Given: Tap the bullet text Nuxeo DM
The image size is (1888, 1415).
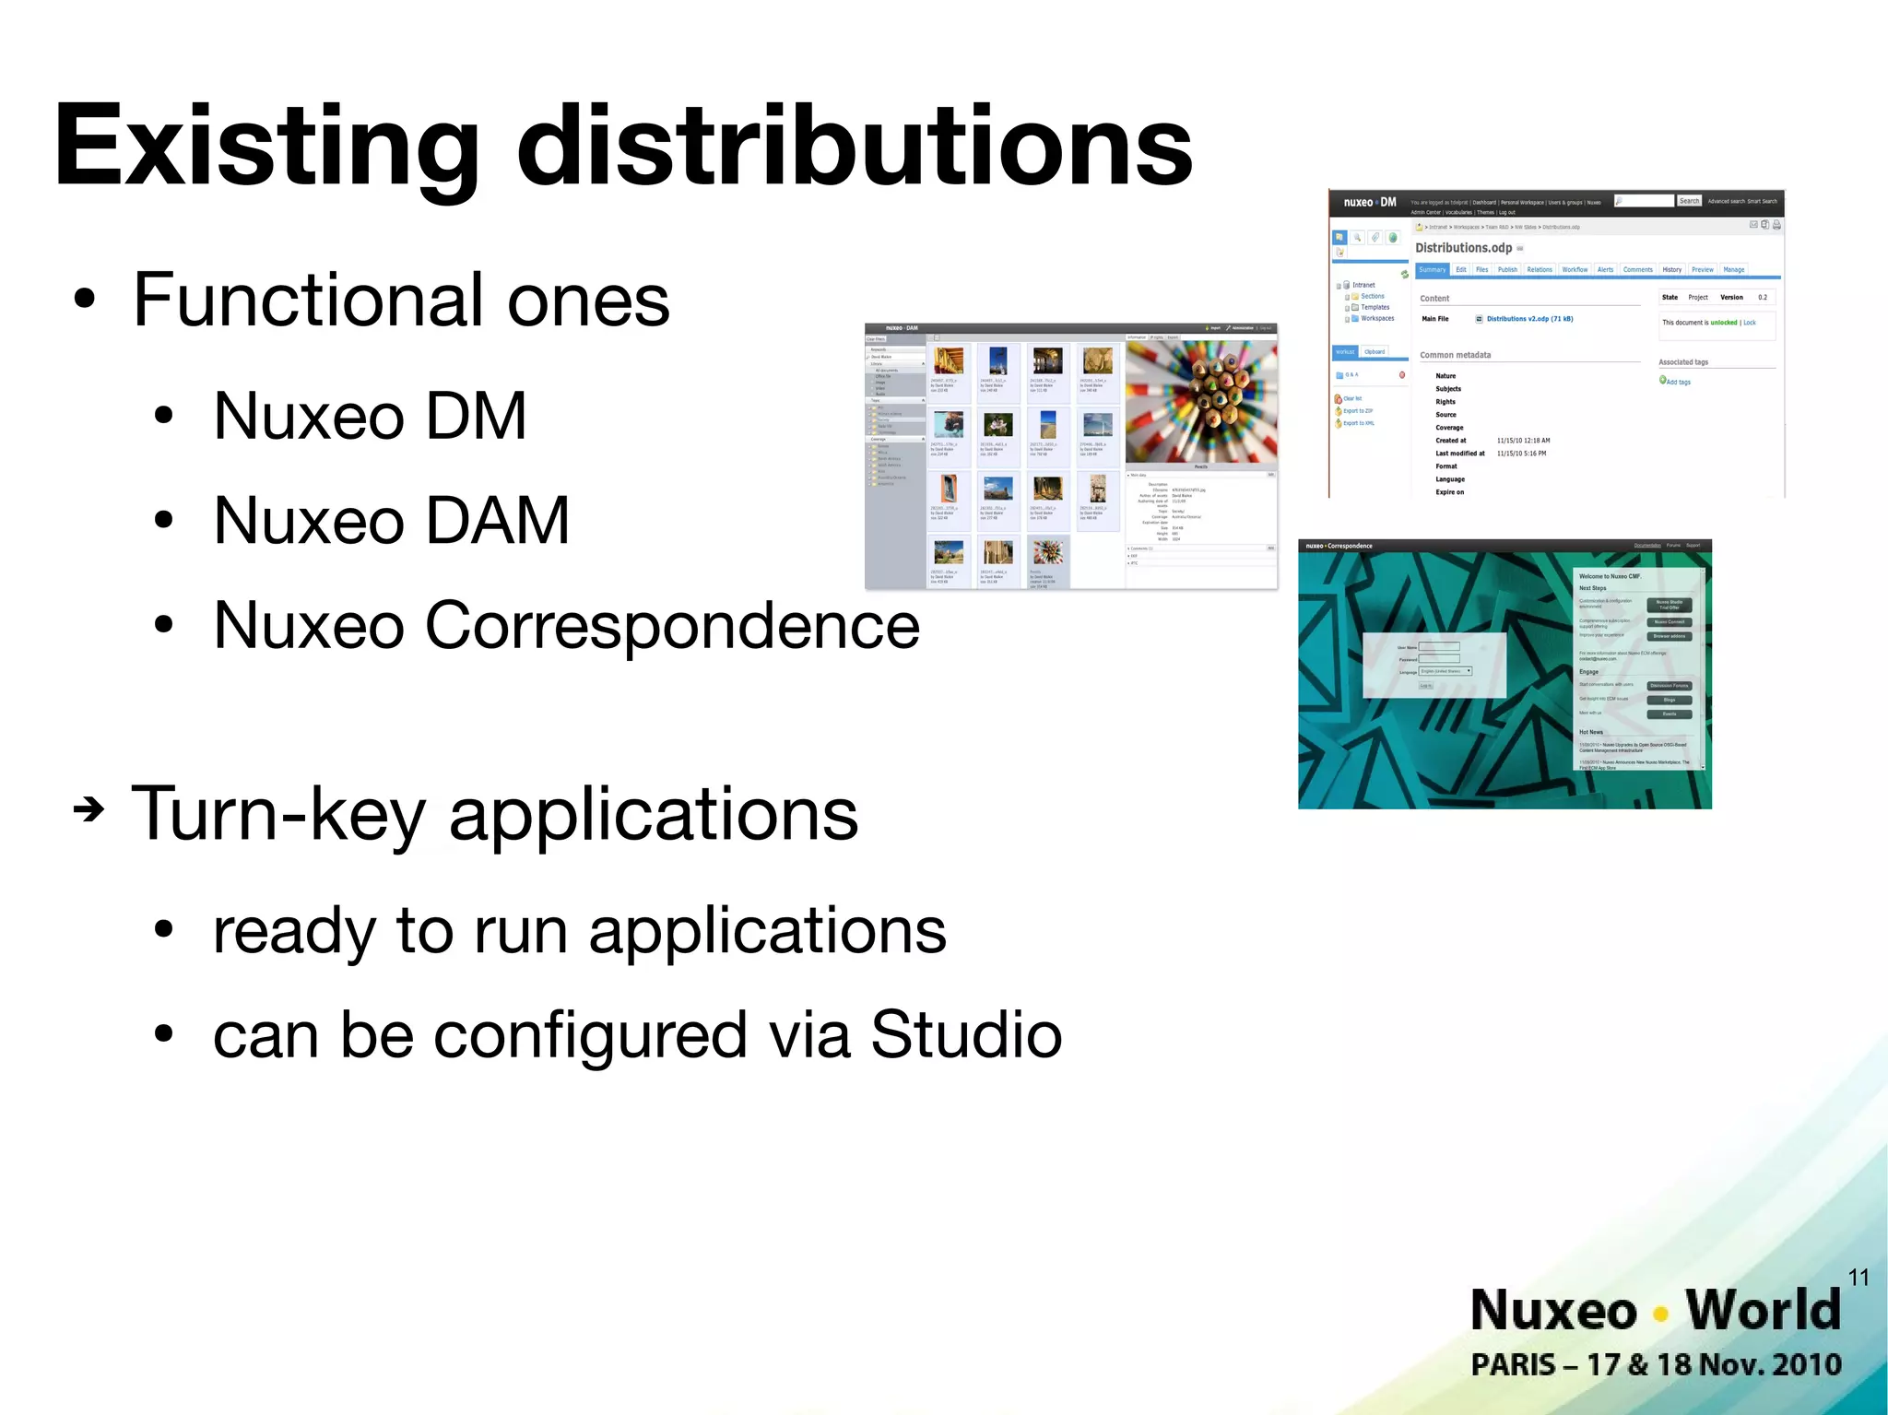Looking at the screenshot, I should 369,417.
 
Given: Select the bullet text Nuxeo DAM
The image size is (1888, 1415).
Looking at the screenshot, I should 391,522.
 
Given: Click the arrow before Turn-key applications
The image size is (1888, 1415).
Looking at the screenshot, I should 88,810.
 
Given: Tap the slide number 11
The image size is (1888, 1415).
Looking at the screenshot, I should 1858,1277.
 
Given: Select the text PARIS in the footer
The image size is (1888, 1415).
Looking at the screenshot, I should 1512,1365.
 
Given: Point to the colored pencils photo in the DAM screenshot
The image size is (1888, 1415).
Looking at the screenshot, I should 1201,401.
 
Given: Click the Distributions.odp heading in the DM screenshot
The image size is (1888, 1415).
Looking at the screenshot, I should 1463,248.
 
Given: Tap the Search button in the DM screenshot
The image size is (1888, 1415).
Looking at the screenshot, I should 1689,201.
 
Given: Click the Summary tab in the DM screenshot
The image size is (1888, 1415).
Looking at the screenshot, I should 1432,270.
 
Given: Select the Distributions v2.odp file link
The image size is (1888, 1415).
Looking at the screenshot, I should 1529,319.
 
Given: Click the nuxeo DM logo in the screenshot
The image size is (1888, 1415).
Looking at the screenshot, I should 1369,202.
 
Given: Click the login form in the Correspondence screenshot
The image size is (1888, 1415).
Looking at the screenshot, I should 1434,665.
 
